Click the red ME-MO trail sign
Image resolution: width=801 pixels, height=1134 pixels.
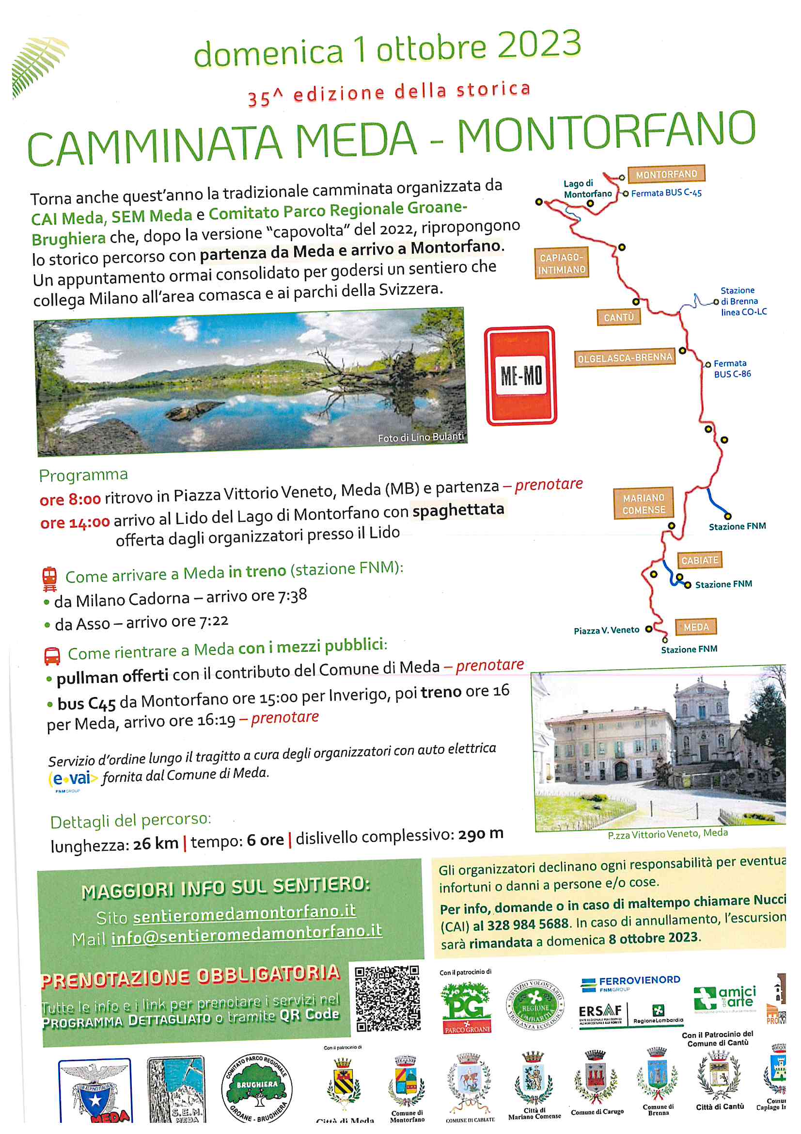tap(521, 375)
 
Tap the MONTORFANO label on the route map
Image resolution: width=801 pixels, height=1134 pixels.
tap(666, 174)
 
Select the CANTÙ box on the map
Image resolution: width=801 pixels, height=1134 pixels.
tap(618, 317)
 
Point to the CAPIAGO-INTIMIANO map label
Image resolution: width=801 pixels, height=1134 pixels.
tap(561, 263)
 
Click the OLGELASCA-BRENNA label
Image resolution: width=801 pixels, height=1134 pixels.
tap(624, 357)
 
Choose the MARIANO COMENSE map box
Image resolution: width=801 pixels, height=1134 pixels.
tap(644, 504)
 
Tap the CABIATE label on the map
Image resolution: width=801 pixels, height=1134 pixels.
tap(699, 560)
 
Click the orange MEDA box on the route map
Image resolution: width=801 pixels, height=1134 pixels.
tap(696, 627)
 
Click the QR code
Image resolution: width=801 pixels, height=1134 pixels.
tap(388, 999)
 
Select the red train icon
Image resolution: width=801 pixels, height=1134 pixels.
tap(49, 578)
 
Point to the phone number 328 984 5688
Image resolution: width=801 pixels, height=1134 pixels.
tap(528, 924)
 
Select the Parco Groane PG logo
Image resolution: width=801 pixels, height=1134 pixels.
tap(466, 1007)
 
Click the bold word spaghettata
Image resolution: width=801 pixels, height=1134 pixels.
tap(458, 510)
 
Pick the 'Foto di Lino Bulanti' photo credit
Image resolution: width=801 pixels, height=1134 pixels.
tap(421, 437)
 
